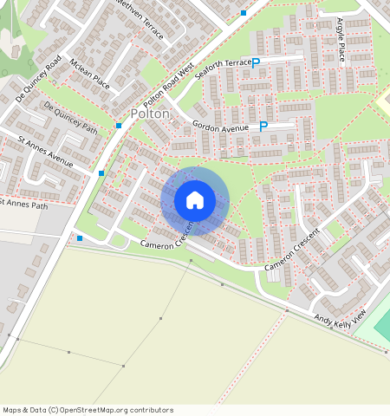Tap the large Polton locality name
pos(149,114)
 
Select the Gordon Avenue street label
pos(220,127)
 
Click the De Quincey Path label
pos(71,118)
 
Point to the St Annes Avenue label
pos(46,150)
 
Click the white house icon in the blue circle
pos(195,200)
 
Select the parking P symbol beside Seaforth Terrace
pos(256,62)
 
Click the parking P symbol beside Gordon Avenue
pos(263,127)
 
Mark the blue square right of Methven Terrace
pos(244,13)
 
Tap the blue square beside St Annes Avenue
pos(101,174)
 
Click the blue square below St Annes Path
pos(80,237)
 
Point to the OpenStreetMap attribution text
pos(88,410)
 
